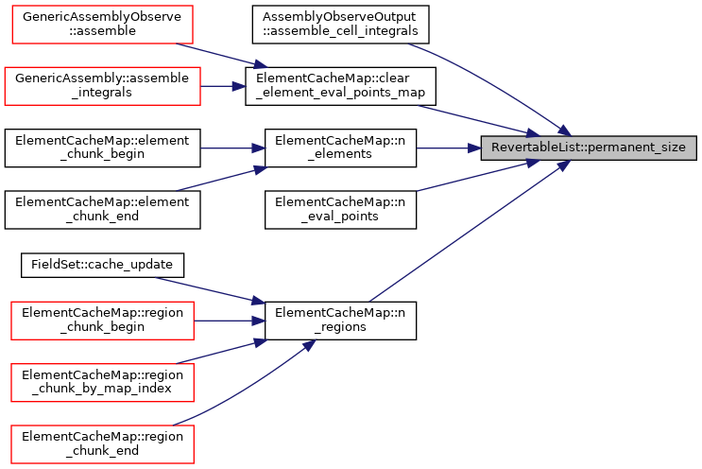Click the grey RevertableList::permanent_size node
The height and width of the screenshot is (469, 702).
click(x=589, y=148)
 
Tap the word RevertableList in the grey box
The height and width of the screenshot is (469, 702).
click(x=534, y=148)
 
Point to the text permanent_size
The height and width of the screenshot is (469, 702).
click(x=637, y=148)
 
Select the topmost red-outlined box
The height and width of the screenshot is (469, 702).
click(x=102, y=24)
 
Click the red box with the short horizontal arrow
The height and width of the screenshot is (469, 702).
click(x=102, y=85)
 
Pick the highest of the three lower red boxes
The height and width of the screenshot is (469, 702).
click(x=102, y=320)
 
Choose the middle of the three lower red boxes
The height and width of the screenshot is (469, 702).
click(x=102, y=382)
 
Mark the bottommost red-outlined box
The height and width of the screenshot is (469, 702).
click(x=102, y=443)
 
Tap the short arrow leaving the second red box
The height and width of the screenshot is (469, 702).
click(x=223, y=86)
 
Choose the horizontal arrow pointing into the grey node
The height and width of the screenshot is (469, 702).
click(x=449, y=148)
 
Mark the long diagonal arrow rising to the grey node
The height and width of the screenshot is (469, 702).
click(x=468, y=233)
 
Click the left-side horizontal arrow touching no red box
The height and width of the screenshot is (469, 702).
click(x=232, y=148)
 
